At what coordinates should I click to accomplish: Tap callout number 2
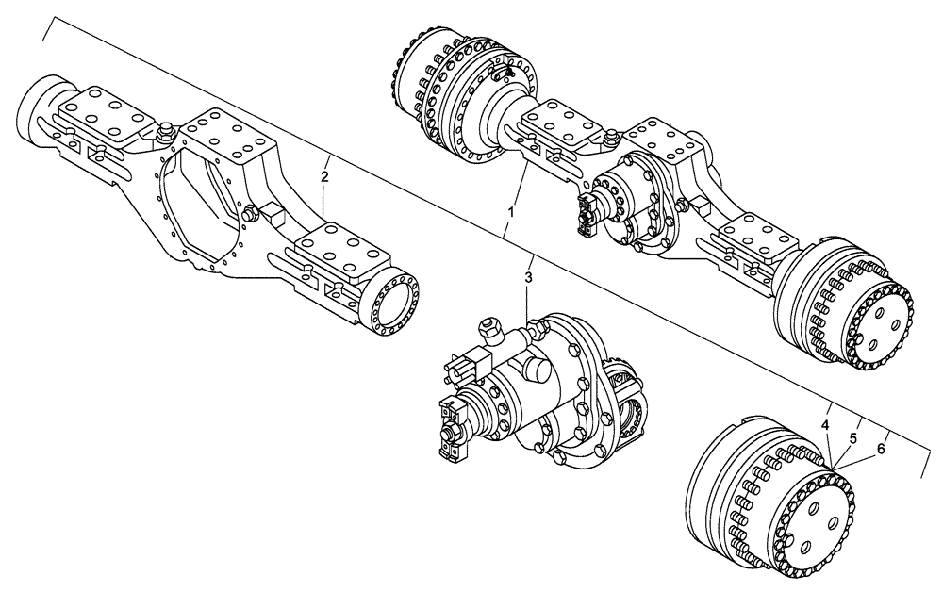tap(324, 176)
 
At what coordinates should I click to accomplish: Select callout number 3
tap(529, 277)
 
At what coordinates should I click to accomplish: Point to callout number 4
tap(825, 426)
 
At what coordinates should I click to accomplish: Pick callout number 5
tap(853, 437)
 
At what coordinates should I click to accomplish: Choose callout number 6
tap(881, 449)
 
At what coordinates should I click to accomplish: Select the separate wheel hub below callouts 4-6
tap(769, 500)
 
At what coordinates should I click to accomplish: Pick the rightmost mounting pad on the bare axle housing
tap(344, 255)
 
